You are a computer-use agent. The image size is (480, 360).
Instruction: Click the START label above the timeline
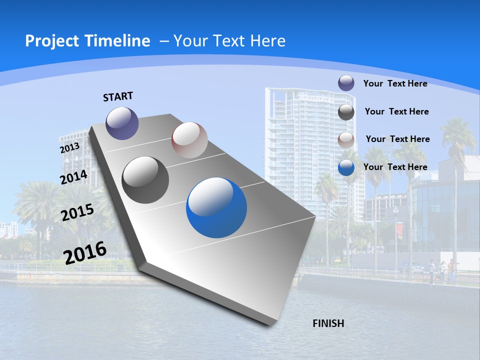tap(118, 96)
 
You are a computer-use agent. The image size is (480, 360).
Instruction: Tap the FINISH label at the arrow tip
tap(328, 323)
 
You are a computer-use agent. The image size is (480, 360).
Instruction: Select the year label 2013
tap(69, 148)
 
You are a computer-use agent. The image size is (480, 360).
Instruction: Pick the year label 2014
tap(74, 177)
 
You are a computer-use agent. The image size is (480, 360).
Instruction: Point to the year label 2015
tap(77, 212)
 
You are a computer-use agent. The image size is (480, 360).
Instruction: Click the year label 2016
tap(85, 252)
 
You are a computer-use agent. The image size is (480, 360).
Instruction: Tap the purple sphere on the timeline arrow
tap(122, 123)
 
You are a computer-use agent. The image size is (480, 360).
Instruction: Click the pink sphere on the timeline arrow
tap(189, 139)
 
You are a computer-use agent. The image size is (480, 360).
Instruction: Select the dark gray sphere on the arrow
tap(145, 180)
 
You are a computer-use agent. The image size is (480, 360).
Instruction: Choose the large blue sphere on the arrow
tap(216, 207)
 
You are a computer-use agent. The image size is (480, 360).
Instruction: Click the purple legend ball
tap(346, 83)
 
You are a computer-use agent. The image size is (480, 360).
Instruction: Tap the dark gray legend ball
tap(346, 112)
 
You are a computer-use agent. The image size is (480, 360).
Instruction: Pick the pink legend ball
tap(346, 140)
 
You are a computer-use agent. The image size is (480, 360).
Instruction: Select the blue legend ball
tap(346, 167)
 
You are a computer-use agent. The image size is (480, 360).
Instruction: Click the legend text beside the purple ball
tap(395, 83)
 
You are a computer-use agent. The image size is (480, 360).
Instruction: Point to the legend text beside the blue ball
tap(395, 167)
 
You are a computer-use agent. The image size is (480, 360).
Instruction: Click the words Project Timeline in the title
tap(87, 41)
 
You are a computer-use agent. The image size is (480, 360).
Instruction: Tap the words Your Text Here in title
tap(229, 41)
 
